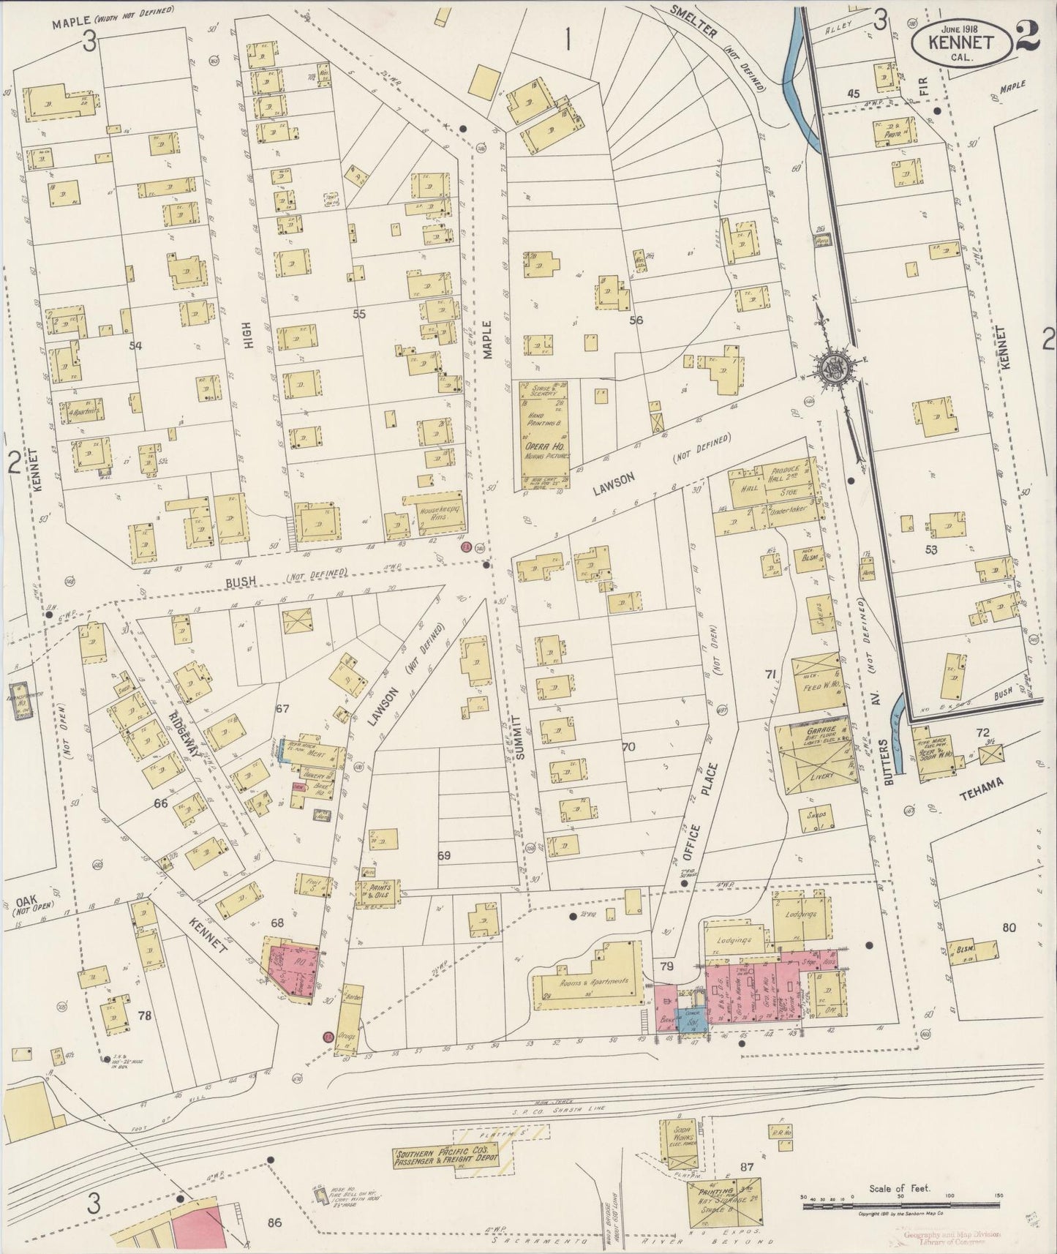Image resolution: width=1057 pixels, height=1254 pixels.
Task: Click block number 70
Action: tap(627, 748)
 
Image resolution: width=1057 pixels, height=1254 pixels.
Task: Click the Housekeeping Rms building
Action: tap(436, 510)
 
